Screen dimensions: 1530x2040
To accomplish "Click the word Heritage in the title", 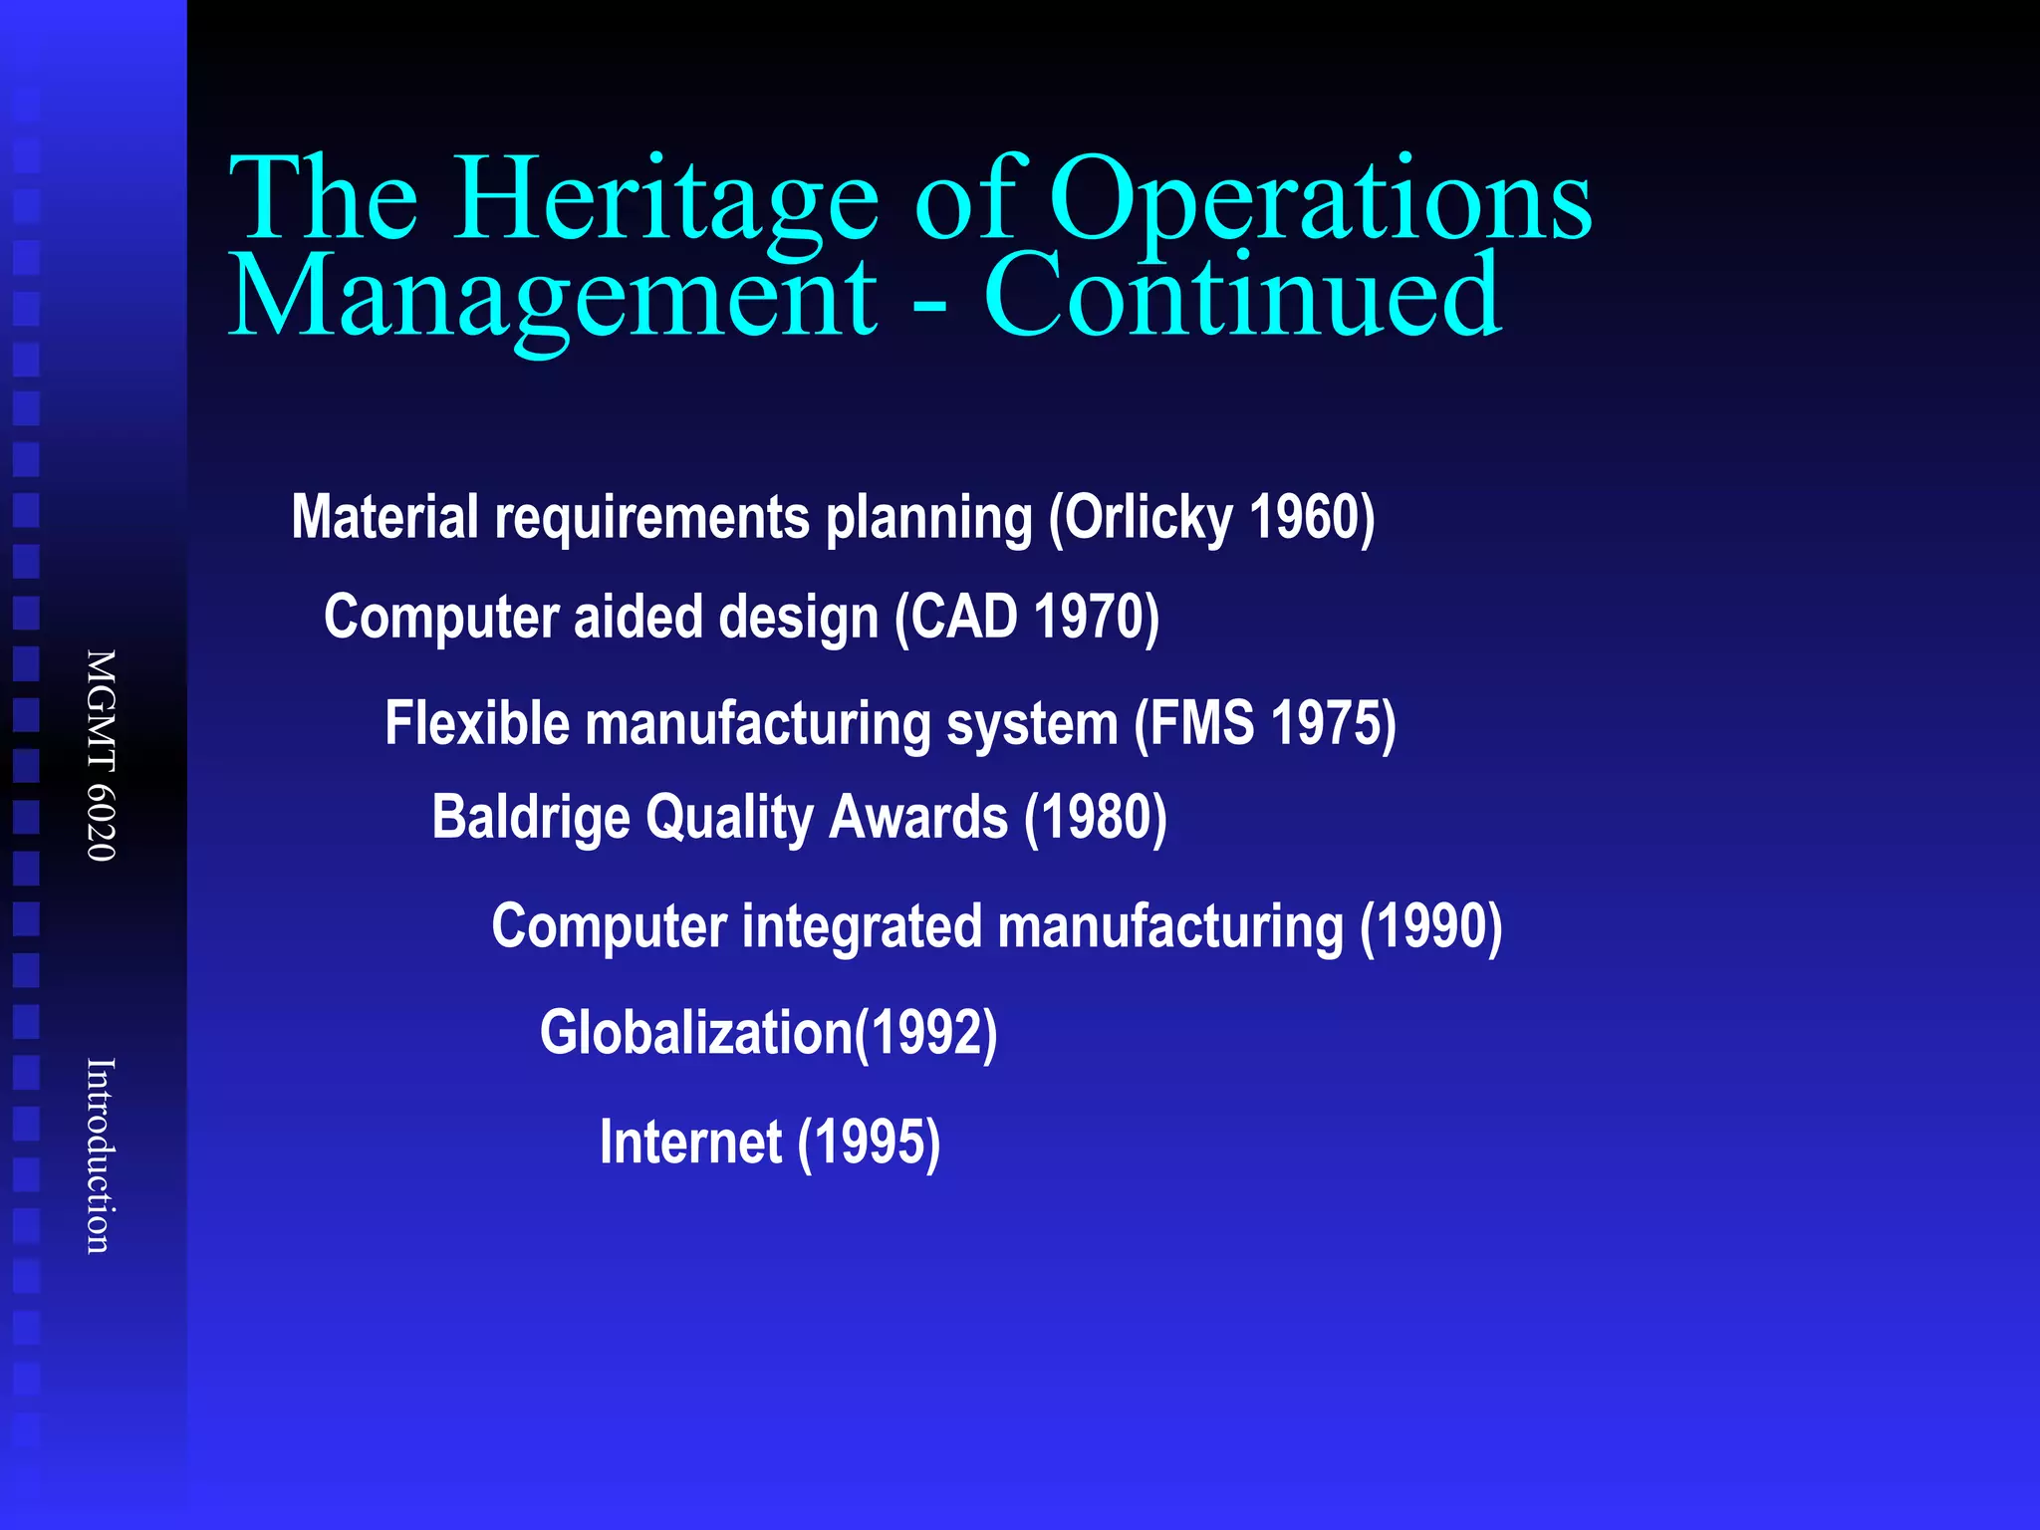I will pos(665,199).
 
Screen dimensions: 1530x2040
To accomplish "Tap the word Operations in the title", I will pos(1320,199).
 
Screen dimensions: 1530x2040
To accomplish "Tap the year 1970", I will pos(1090,617).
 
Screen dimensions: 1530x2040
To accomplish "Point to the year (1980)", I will pos(1096,818).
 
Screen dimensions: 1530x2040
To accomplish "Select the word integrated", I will pos(862,926).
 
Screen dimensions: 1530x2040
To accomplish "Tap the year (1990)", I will pos(1431,926).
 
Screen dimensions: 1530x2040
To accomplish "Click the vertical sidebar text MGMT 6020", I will pos(101,755).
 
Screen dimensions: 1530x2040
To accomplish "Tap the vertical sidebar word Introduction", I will pos(101,1155).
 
